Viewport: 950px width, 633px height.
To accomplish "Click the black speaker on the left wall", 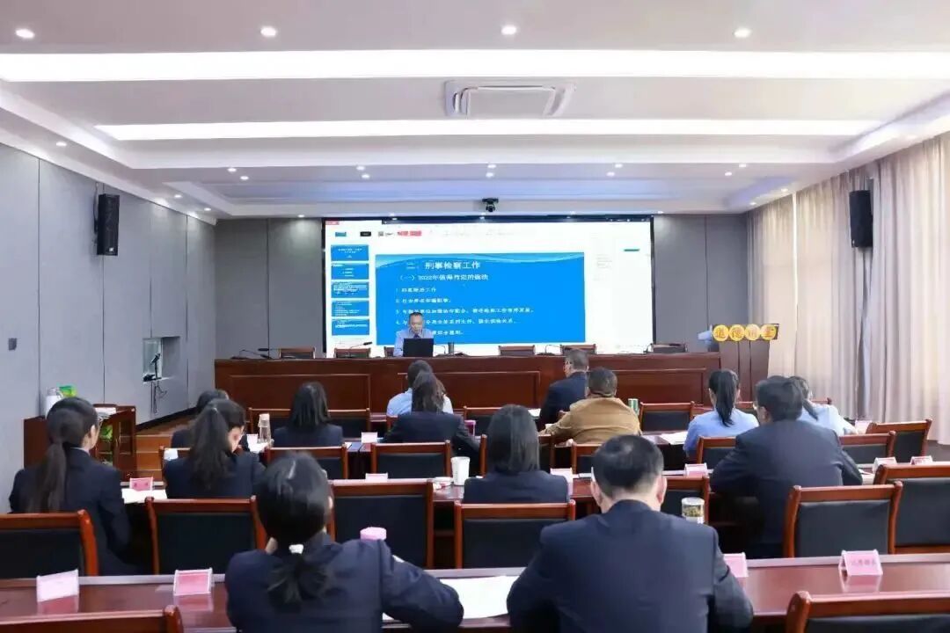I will [x=107, y=224].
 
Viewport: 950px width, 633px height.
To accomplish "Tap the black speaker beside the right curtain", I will [x=860, y=218].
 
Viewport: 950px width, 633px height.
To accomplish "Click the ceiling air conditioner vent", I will [x=508, y=99].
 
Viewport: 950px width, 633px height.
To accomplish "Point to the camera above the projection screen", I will [x=490, y=204].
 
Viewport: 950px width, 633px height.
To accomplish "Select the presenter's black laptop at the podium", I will [x=418, y=347].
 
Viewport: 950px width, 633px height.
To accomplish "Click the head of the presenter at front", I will [x=415, y=322].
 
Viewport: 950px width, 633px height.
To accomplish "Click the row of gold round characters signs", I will [x=745, y=332].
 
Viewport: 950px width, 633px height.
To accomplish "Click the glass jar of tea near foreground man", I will [x=693, y=509].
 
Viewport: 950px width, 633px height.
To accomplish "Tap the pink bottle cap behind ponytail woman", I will [x=373, y=533].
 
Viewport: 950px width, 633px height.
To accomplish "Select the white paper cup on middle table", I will [x=460, y=469].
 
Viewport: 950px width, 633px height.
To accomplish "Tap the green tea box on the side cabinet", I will [x=67, y=391].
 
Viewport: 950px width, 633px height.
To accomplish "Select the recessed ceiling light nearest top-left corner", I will [x=25, y=33].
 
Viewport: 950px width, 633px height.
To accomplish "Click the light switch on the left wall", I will [x=12, y=343].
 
